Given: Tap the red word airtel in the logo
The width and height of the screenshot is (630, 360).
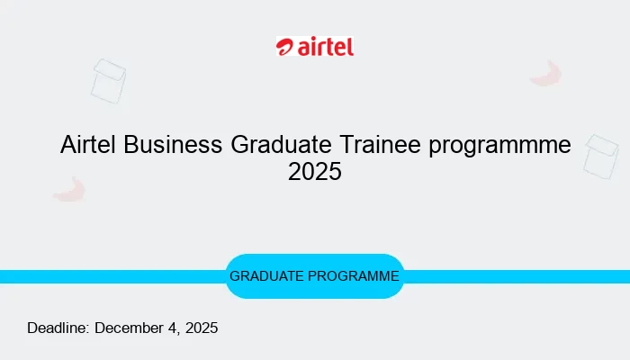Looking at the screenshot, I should (326, 47).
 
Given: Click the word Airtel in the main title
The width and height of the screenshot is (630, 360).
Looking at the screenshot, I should (89, 145).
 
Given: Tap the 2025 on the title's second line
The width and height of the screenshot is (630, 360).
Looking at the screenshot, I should (315, 171).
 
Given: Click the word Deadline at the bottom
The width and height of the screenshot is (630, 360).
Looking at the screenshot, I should (58, 328).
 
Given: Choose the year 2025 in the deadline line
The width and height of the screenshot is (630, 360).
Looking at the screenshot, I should (199, 328).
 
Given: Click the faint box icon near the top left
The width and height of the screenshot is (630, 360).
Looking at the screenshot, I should (108, 81).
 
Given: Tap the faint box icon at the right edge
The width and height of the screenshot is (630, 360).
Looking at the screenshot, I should (601, 157).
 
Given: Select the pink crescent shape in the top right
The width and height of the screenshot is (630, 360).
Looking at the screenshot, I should (547, 74).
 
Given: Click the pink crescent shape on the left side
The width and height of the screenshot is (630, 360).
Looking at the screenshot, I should (69, 189).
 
